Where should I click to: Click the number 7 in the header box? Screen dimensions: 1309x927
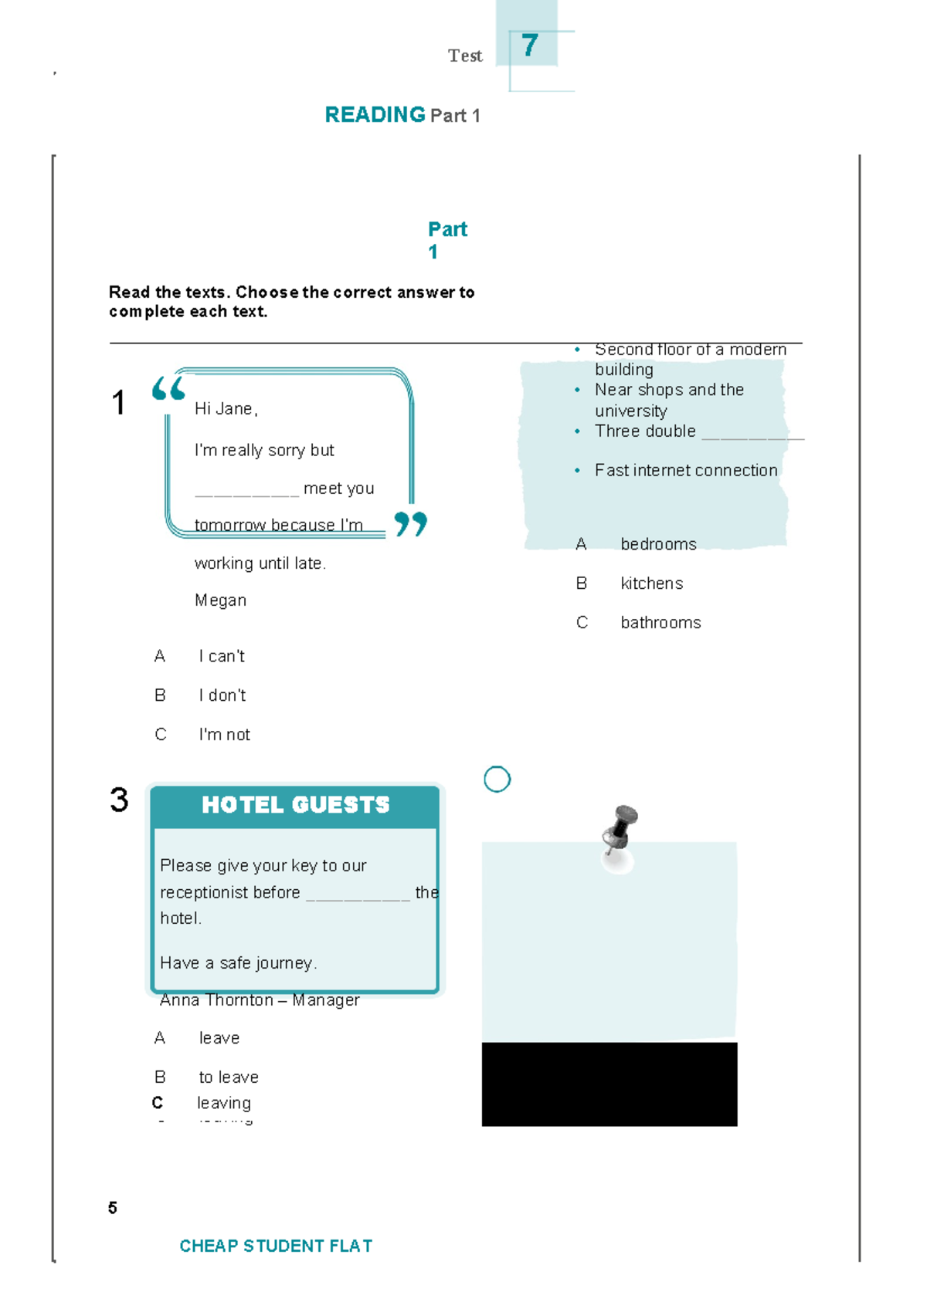[529, 46]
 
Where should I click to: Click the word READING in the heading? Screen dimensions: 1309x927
[375, 115]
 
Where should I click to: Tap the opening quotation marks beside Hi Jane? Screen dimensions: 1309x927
[168, 388]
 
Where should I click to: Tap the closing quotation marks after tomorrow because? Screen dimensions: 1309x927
[410, 524]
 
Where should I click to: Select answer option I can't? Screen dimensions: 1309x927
[222, 656]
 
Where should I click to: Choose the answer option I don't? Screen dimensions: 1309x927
[222, 695]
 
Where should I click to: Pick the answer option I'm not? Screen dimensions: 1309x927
[224, 735]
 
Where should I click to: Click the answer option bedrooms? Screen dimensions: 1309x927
[658, 544]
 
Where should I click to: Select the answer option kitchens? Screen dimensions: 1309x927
[651, 583]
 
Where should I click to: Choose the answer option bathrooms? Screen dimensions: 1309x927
[660, 623]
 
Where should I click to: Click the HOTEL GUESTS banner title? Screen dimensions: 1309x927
[295, 805]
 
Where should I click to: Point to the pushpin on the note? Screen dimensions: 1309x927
[620, 830]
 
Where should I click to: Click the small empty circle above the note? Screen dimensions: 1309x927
[497, 780]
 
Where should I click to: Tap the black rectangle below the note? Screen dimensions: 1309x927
[609, 1084]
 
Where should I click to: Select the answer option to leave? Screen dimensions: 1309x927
[229, 1077]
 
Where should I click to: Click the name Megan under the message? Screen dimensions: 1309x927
[220, 600]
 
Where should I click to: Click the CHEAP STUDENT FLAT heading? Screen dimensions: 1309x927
[276, 1246]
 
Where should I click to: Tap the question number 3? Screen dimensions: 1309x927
[119, 800]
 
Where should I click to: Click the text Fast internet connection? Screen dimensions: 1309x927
[685, 471]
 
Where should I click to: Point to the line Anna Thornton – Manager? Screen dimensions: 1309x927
[260, 1000]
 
